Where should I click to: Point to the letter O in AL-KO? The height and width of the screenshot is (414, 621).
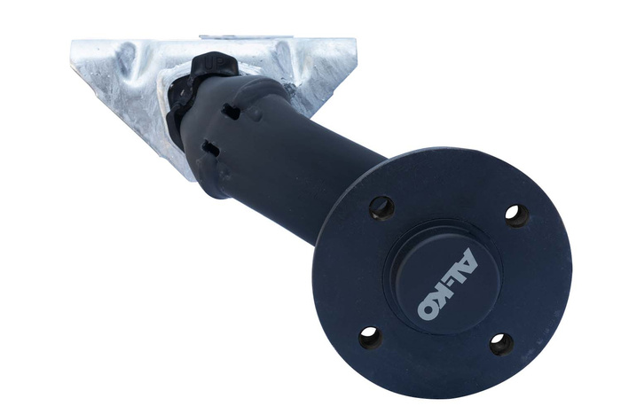coord(430,307)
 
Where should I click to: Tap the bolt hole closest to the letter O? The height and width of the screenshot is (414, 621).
coord(371,337)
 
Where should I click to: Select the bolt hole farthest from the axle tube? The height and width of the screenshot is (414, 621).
coord(501,343)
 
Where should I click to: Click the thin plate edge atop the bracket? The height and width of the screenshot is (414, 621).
coord(240,37)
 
